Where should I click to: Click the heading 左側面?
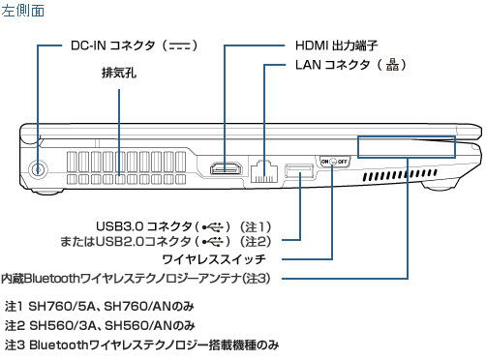pyautogui.click(x=22, y=11)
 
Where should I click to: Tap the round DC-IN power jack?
pyautogui.click(x=38, y=168)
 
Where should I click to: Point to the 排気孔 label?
pyautogui.click(x=119, y=73)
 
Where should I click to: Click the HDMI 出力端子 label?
pyautogui.click(x=336, y=45)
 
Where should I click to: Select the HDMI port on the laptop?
pyautogui.click(x=226, y=168)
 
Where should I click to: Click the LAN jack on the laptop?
pyautogui.click(x=264, y=171)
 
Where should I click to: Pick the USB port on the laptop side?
pyautogui.click(x=299, y=171)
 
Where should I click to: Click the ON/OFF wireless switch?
pyautogui.click(x=334, y=161)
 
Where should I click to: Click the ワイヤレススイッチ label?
pyautogui.click(x=214, y=259)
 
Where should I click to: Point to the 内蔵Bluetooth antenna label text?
pyautogui.click(x=136, y=279)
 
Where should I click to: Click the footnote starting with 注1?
pyautogui.click(x=100, y=306)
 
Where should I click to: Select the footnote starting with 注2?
pyautogui.click(x=100, y=325)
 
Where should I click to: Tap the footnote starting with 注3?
pyautogui.click(x=141, y=345)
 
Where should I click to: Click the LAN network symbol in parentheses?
pyautogui.click(x=392, y=65)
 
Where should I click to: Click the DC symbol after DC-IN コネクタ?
pyautogui.click(x=179, y=45)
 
